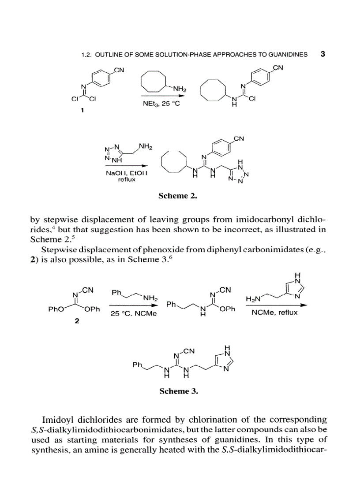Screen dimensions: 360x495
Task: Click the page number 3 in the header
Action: [x=322, y=54]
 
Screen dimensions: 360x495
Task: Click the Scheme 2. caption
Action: [x=177, y=196]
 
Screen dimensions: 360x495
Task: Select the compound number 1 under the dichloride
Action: [x=82, y=111]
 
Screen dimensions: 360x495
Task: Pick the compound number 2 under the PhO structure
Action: [x=77, y=321]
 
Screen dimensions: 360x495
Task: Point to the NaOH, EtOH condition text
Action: [x=126, y=173]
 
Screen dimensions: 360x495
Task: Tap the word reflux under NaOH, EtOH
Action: [x=126, y=179]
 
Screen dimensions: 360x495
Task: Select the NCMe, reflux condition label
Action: [x=274, y=313]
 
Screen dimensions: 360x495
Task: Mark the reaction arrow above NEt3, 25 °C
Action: [x=162, y=96]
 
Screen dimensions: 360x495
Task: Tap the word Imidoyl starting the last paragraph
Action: [x=58, y=419]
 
